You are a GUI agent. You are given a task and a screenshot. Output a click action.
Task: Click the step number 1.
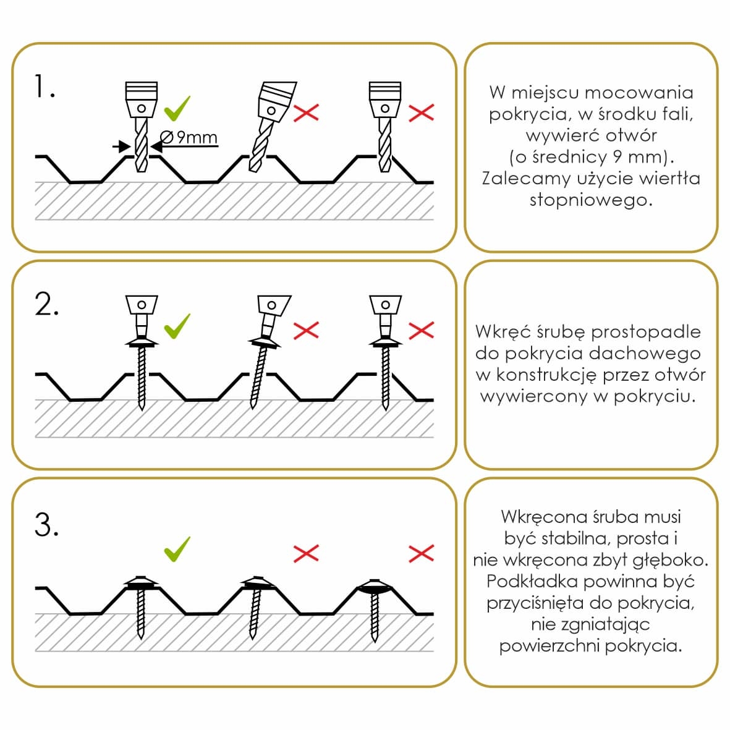(44, 87)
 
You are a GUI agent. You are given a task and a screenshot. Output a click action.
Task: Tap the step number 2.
(46, 304)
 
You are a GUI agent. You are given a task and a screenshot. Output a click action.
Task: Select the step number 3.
(46, 525)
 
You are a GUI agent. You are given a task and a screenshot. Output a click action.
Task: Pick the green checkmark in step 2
(177, 326)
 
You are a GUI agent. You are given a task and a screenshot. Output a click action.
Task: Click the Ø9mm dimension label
(189, 137)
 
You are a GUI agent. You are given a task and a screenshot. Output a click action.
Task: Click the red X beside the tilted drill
(306, 112)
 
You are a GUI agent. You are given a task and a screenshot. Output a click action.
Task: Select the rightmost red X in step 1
(422, 112)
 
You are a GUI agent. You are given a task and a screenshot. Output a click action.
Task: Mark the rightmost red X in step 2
(422, 330)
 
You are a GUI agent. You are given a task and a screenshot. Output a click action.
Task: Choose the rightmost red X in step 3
(422, 553)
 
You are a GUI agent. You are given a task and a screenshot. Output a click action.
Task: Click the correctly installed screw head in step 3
(142, 582)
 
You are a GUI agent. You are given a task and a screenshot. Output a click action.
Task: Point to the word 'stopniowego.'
(591, 200)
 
